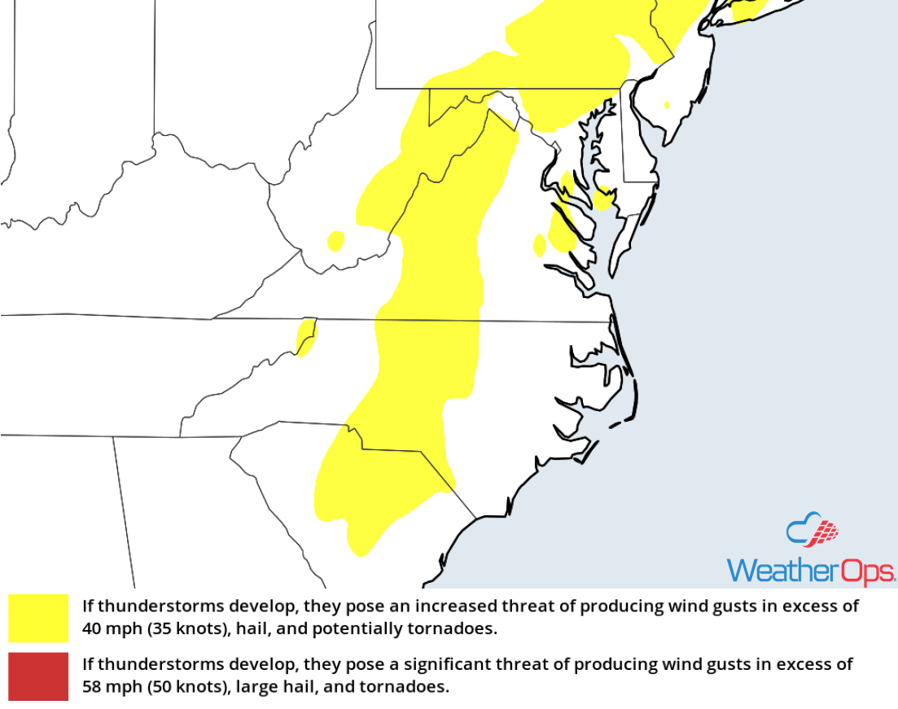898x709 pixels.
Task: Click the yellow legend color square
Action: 38,618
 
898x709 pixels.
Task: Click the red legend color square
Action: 38,676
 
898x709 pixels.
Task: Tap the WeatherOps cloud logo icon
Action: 812,532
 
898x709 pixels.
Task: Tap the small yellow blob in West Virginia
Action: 335,240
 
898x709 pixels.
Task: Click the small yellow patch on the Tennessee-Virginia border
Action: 305,337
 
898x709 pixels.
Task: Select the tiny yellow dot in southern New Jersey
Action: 667,104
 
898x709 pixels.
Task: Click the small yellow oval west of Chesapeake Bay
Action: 539,244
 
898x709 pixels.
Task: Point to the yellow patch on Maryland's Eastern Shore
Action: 603,199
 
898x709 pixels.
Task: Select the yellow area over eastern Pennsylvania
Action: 570,49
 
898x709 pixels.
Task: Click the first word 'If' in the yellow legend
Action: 88,606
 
